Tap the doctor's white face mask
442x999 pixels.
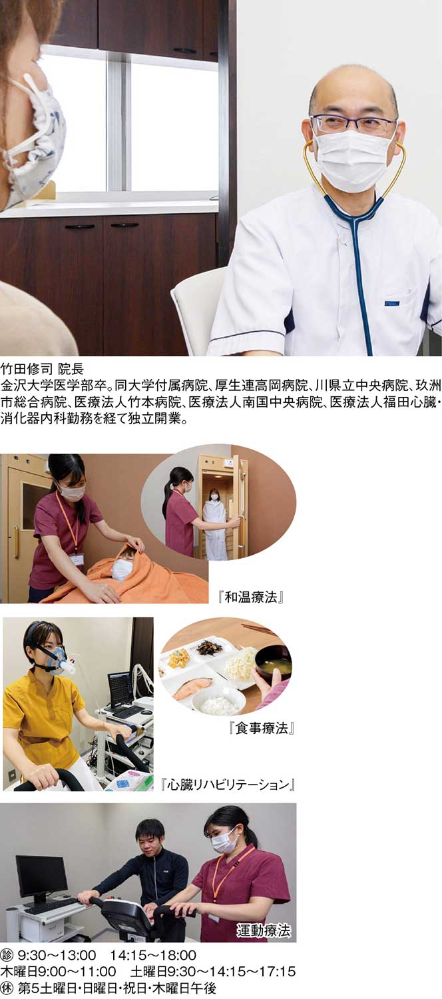pos(352,160)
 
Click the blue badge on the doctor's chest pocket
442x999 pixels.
pos(391,303)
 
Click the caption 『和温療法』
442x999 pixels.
pos(252,597)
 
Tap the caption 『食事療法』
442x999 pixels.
pos(261,729)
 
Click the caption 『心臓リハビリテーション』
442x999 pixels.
pos(227,785)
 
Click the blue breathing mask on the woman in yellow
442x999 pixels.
pos(56,660)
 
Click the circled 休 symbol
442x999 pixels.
pos(7,988)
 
